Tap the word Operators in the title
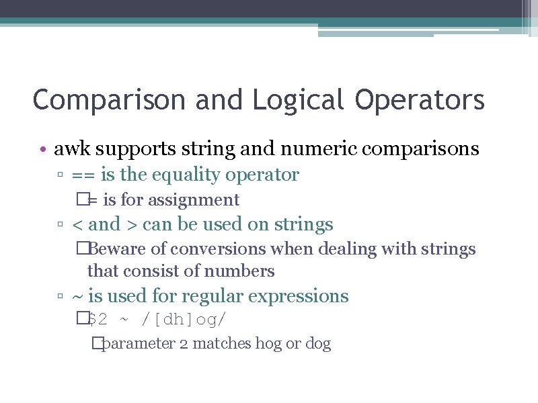(420, 100)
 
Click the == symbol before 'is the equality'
(83, 175)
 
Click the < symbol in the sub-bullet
(76, 224)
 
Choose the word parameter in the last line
(139, 344)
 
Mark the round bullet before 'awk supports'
(42, 148)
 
